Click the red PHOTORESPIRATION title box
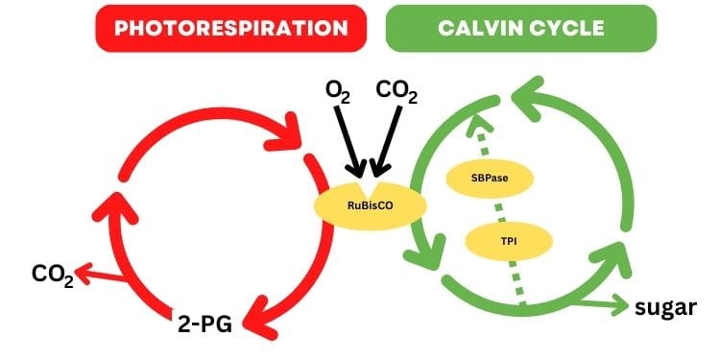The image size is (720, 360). click(x=230, y=28)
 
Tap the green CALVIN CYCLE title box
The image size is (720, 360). click(x=520, y=28)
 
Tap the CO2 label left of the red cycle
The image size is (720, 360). click(x=52, y=276)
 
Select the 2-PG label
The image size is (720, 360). click(x=205, y=323)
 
